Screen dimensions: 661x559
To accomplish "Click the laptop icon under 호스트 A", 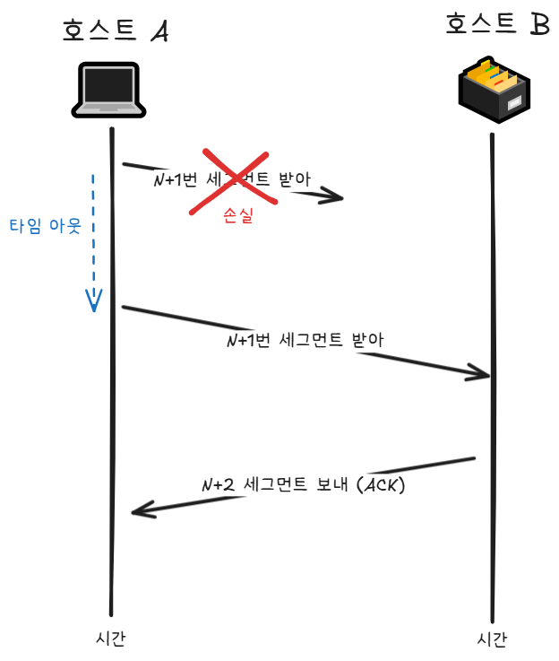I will pos(108,90).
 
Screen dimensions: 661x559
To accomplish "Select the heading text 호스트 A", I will pos(115,31).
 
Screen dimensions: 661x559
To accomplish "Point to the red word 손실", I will pos(237,216).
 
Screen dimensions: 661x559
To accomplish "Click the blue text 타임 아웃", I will pos(45,225).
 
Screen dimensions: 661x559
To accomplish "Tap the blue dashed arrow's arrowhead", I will pos(93,301).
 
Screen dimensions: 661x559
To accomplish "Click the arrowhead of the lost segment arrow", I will pos(337,196).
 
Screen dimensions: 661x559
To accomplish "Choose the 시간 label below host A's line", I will pos(110,638).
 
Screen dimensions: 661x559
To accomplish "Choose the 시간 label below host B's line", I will pos(492,639).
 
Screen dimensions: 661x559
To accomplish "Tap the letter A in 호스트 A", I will pos(159,32).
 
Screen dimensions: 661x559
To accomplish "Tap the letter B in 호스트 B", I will pos(538,24).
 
